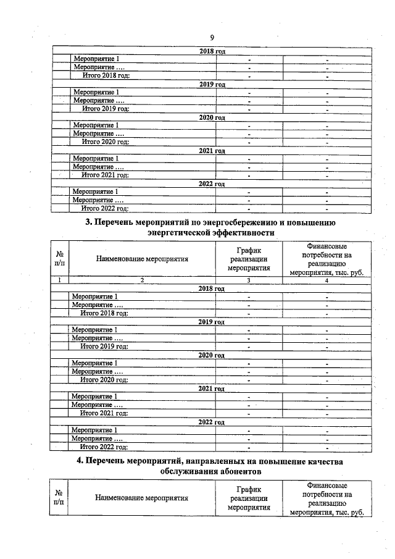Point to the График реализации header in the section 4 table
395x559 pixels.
249,498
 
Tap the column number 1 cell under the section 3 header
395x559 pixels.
60,281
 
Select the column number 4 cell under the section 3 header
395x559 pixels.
326,281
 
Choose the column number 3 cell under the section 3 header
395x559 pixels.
249,281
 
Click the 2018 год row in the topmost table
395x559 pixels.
211,51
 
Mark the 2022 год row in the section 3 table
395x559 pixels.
211,422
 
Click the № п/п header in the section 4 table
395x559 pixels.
60,498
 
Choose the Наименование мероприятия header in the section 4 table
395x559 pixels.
142,498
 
